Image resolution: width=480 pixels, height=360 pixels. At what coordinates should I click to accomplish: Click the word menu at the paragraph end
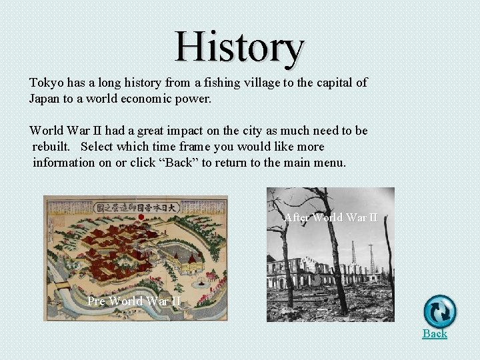coord(330,163)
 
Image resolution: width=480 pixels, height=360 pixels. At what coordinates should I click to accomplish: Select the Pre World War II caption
coord(134,301)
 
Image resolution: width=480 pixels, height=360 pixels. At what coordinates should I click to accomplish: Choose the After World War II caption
coord(331,217)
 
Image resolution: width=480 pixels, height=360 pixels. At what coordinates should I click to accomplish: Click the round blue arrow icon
coord(440,311)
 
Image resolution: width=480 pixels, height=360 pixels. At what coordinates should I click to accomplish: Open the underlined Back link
coord(435,333)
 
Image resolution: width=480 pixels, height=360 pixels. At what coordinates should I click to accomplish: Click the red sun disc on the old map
coord(141,216)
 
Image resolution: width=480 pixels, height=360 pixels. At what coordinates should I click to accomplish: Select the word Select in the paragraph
coord(99,147)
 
